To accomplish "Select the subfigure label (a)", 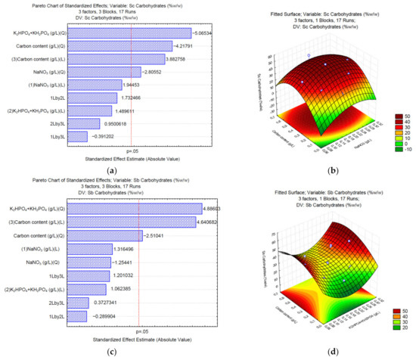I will point(111,171).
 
